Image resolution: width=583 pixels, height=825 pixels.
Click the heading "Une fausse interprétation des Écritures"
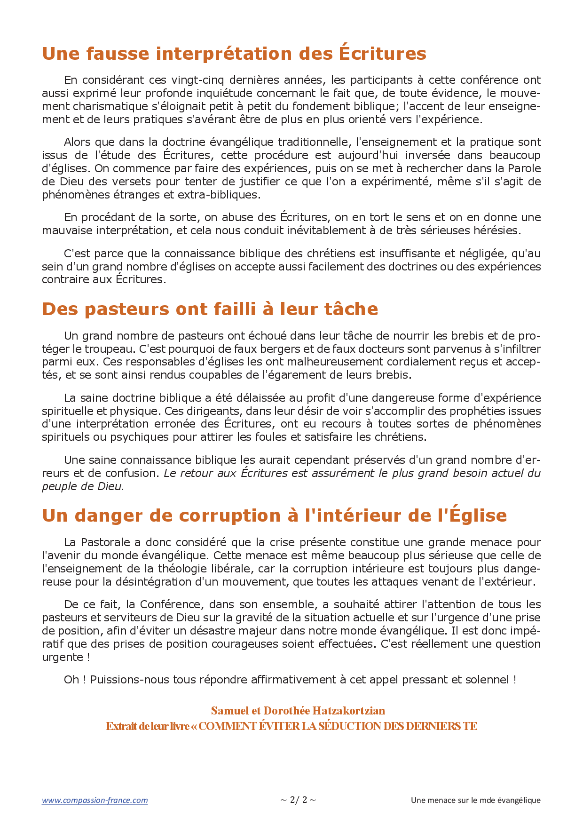(234, 54)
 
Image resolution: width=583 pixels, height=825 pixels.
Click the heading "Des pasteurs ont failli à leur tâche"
(210, 309)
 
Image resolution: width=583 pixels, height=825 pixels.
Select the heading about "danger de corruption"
(274, 516)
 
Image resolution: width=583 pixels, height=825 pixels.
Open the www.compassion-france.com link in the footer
(95, 800)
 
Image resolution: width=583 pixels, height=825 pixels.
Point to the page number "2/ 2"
(298, 800)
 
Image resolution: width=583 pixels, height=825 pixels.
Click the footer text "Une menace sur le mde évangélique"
(475, 800)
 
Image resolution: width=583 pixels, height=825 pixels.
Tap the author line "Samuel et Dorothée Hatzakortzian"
(298, 711)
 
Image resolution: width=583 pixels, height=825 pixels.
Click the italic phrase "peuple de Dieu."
(83, 486)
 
